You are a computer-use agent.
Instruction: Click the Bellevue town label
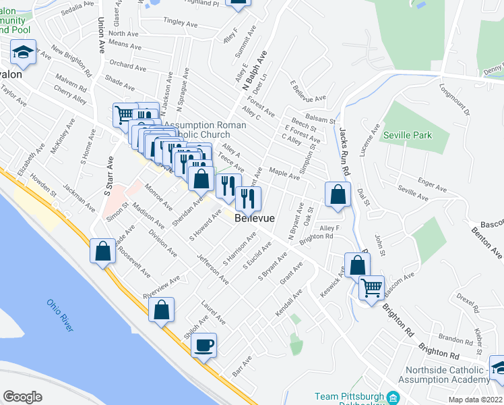coord(255,219)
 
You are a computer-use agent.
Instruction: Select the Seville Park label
coord(407,135)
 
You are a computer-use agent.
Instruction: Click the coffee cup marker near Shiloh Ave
coord(203,346)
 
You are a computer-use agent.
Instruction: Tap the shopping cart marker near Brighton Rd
coord(371,288)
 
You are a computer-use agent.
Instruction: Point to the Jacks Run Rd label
coord(344,152)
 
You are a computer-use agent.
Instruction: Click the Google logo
coord(22,397)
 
